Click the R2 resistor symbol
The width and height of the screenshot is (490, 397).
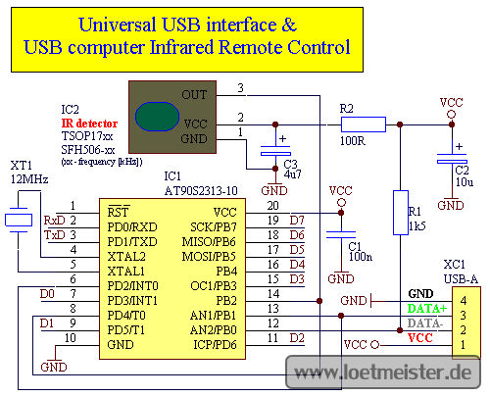tap(364, 124)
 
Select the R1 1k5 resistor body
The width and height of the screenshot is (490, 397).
tap(401, 213)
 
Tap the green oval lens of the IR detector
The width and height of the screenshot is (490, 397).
tap(157, 117)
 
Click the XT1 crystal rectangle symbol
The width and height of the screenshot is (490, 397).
tap(19, 220)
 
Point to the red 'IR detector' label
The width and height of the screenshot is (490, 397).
tap(89, 124)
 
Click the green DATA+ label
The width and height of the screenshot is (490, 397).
tap(427, 309)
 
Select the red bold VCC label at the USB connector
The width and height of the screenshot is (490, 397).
tap(420, 338)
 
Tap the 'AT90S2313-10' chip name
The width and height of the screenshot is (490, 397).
tap(201, 191)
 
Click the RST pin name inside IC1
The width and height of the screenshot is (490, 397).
tap(118, 213)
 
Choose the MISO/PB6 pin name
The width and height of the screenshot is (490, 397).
tap(209, 242)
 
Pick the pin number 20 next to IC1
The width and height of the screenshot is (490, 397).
tap(272, 206)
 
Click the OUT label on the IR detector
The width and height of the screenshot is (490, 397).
tap(194, 95)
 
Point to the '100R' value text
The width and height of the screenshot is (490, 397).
tap(353, 141)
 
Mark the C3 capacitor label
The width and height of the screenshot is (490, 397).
tap(290, 164)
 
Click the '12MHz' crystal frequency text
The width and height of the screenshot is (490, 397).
tap(29, 179)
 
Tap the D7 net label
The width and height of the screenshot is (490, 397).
tap(297, 221)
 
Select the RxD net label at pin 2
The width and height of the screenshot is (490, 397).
tap(55, 221)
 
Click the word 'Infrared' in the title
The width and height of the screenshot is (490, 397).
tap(181, 47)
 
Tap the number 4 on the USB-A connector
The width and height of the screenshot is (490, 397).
tap(464, 300)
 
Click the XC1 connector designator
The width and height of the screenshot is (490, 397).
tap(455, 265)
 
